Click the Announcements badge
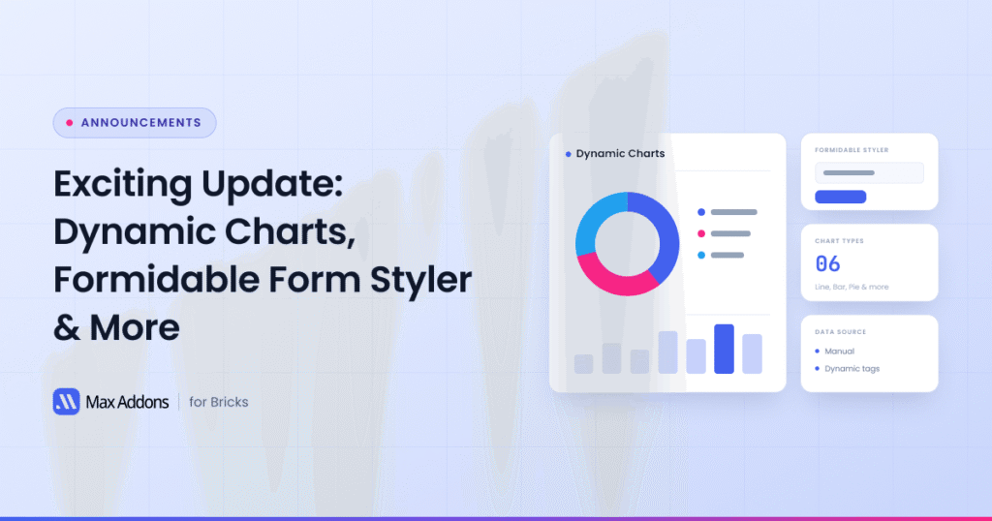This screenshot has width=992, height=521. click(x=135, y=123)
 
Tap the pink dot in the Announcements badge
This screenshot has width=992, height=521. click(x=70, y=123)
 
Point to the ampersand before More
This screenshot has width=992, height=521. click(x=67, y=328)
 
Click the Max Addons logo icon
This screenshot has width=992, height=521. click(x=67, y=402)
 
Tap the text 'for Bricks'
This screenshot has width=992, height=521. click(x=218, y=402)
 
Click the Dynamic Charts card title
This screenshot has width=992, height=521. click(x=620, y=154)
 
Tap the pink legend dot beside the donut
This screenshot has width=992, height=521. click(x=701, y=234)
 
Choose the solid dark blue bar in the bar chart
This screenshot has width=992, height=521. click(x=724, y=349)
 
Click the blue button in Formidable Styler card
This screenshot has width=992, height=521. click(x=840, y=197)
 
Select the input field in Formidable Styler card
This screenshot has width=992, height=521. click(x=869, y=172)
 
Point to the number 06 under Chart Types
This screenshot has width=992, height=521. click(x=827, y=263)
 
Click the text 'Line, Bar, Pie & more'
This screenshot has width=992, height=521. click(x=852, y=287)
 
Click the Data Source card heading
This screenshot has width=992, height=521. click(x=840, y=332)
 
